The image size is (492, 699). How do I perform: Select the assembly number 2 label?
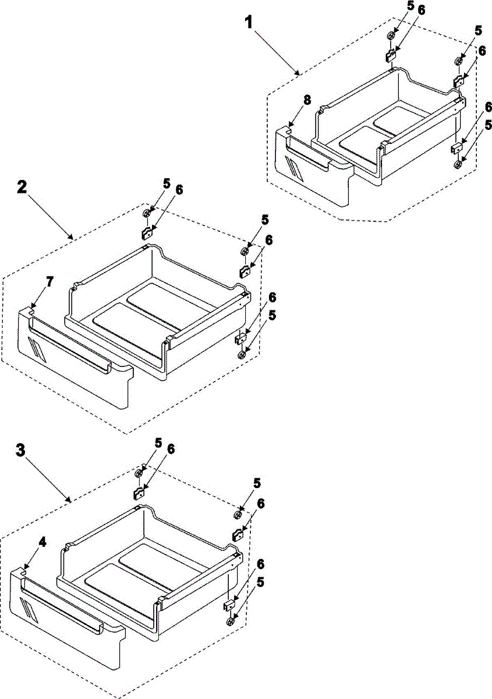[x=21, y=187]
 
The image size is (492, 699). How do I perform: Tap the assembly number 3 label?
[x=20, y=451]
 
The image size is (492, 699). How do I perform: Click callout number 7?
[x=49, y=282]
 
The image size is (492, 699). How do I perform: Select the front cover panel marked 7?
[x=76, y=373]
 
